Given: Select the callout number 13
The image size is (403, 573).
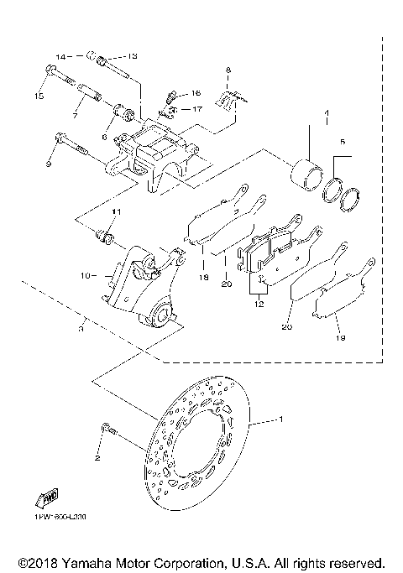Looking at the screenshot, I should [133, 56].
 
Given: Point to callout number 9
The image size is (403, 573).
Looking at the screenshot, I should [49, 164].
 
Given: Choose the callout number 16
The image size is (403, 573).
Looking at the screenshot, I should [195, 93].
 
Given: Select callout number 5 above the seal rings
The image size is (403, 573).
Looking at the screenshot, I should [342, 143].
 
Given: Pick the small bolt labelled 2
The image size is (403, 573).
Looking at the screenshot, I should [105, 430].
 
